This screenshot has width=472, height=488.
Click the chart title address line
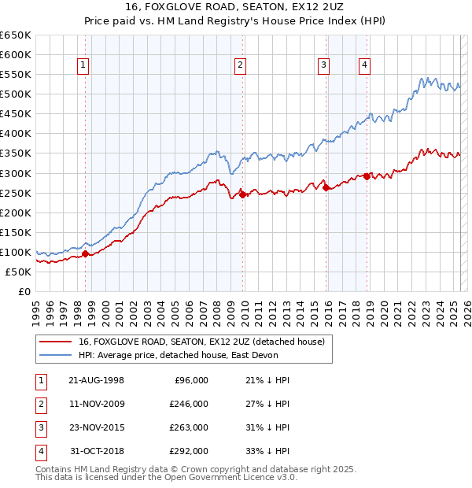pyautogui.click(x=235, y=7)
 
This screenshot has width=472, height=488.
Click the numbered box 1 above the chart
pyautogui.click(x=83, y=66)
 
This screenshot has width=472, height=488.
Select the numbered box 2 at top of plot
pyautogui.click(x=240, y=66)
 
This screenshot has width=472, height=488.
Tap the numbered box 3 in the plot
pyautogui.click(x=323, y=66)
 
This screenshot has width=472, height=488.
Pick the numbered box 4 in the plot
pyautogui.click(x=365, y=66)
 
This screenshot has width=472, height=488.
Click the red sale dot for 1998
pyautogui.click(x=86, y=253)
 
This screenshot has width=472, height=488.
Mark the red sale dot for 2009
pyautogui.click(x=242, y=194)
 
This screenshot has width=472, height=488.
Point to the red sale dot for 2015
pyautogui.click(x=326, y=187)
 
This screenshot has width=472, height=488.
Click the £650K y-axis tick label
pyautogui.click(x=16, y=35)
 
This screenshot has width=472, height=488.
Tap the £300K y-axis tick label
pyautogui.click(x=16, y=173)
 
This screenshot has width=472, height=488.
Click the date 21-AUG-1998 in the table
pyautogui.click(x=97, y=380)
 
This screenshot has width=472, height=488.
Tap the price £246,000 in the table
pyautogui.click(x=190, y=404)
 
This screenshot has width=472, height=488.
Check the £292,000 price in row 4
pyautogui.click(x=190, y=451)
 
